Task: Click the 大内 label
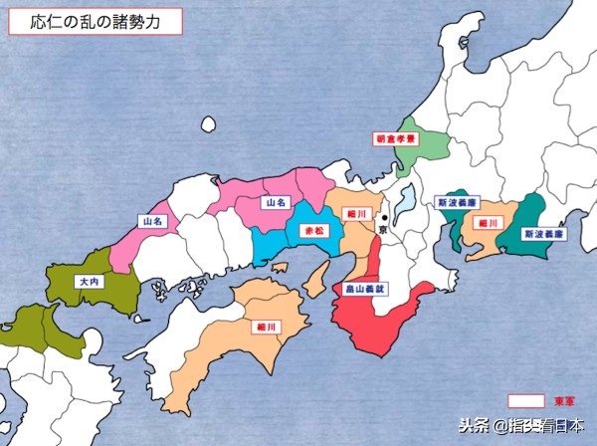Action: [88, 282]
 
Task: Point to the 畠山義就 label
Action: [353, 289]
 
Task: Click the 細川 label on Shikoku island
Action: [266, 326]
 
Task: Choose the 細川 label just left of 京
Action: [355, 213]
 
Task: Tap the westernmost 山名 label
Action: [153, 221]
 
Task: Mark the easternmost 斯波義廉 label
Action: [544, 235]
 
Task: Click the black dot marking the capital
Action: [383, 218]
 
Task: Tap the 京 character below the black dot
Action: [383, 230]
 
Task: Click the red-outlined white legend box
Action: [526, 400]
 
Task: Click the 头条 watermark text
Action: [475, 425]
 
